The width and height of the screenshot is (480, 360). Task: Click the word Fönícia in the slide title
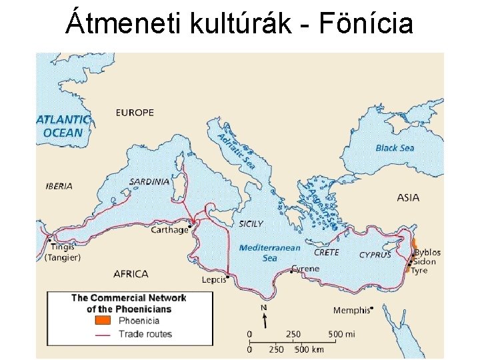[366, 24]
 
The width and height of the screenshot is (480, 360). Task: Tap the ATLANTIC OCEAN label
[63, 126]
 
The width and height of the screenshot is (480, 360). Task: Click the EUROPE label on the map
[135, 113]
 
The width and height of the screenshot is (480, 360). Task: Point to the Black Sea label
[395, 148]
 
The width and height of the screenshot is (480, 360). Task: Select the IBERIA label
[59, 186]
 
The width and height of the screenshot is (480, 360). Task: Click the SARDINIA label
[149, 181]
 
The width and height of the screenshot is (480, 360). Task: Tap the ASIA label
[408, 197]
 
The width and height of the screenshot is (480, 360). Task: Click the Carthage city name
[169, 230]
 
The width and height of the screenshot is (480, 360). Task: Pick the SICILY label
[251, 224]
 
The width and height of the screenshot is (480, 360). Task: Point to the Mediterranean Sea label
[269, 253]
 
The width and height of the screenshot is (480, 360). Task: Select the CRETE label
[327, 253]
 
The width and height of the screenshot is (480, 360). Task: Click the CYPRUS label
[375, 255]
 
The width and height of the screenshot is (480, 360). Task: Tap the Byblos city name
[427, 253]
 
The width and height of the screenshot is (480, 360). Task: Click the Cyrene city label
[306, 269]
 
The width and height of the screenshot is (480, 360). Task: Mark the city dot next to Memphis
[371, 308]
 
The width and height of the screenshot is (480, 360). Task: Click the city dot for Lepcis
[228, 277]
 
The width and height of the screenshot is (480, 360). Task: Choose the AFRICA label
[131, 273]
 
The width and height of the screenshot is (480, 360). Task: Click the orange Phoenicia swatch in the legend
[103, 321]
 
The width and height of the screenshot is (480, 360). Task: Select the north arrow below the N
[264, 320]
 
